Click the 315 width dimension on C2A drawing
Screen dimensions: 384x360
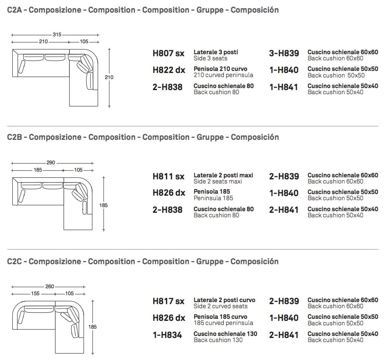[57, 35]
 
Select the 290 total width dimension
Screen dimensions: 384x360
[51, 163]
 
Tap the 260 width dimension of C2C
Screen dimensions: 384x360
[49, 287]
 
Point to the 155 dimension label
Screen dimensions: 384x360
[35, 294]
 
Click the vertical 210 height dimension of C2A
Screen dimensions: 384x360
[109, 77]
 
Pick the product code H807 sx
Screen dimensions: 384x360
[168, 53]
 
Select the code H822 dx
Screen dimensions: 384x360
[169, 70]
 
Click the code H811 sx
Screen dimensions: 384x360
[168, 176]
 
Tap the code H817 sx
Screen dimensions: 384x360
[168, 301]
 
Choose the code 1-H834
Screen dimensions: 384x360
[168, 335]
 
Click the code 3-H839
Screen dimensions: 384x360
[284, 53]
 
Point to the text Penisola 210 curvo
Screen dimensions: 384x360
[221, 69]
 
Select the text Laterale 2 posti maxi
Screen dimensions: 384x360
[223, 175]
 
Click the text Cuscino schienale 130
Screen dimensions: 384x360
[225, 334]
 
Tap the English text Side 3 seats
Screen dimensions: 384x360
[210, 58]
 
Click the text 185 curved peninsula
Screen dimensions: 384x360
[223, 323]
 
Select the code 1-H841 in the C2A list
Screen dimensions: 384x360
[284, 87]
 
